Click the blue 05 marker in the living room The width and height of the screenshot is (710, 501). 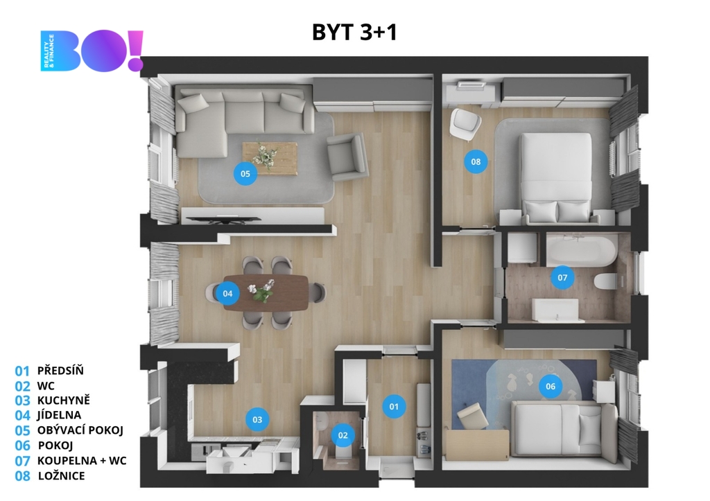[245, 173]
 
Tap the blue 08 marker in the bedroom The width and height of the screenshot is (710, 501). [476, 161]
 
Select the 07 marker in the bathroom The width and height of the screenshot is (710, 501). [562, 277]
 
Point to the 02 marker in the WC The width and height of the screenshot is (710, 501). [343, 435]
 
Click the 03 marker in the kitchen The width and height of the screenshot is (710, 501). [257, 419]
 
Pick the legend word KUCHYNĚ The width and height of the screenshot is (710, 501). [63, 400]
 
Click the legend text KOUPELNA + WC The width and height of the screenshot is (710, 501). [82, 461]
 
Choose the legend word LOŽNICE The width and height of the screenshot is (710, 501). [62, 476]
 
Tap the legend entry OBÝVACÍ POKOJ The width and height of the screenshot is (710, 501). [80, 430]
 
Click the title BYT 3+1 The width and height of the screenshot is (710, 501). [354, 32]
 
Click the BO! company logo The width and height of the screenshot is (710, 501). [92, 51]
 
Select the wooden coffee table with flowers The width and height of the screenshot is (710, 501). [270, 158]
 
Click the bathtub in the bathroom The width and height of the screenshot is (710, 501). [582, 249]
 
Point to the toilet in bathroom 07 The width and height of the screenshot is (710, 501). [605, 281]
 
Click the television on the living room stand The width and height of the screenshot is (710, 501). [224, 220]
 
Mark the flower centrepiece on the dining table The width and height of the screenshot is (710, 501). [261, 291]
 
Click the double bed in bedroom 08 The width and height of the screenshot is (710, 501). [556, 178]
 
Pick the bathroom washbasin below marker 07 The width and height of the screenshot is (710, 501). [555, 310]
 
